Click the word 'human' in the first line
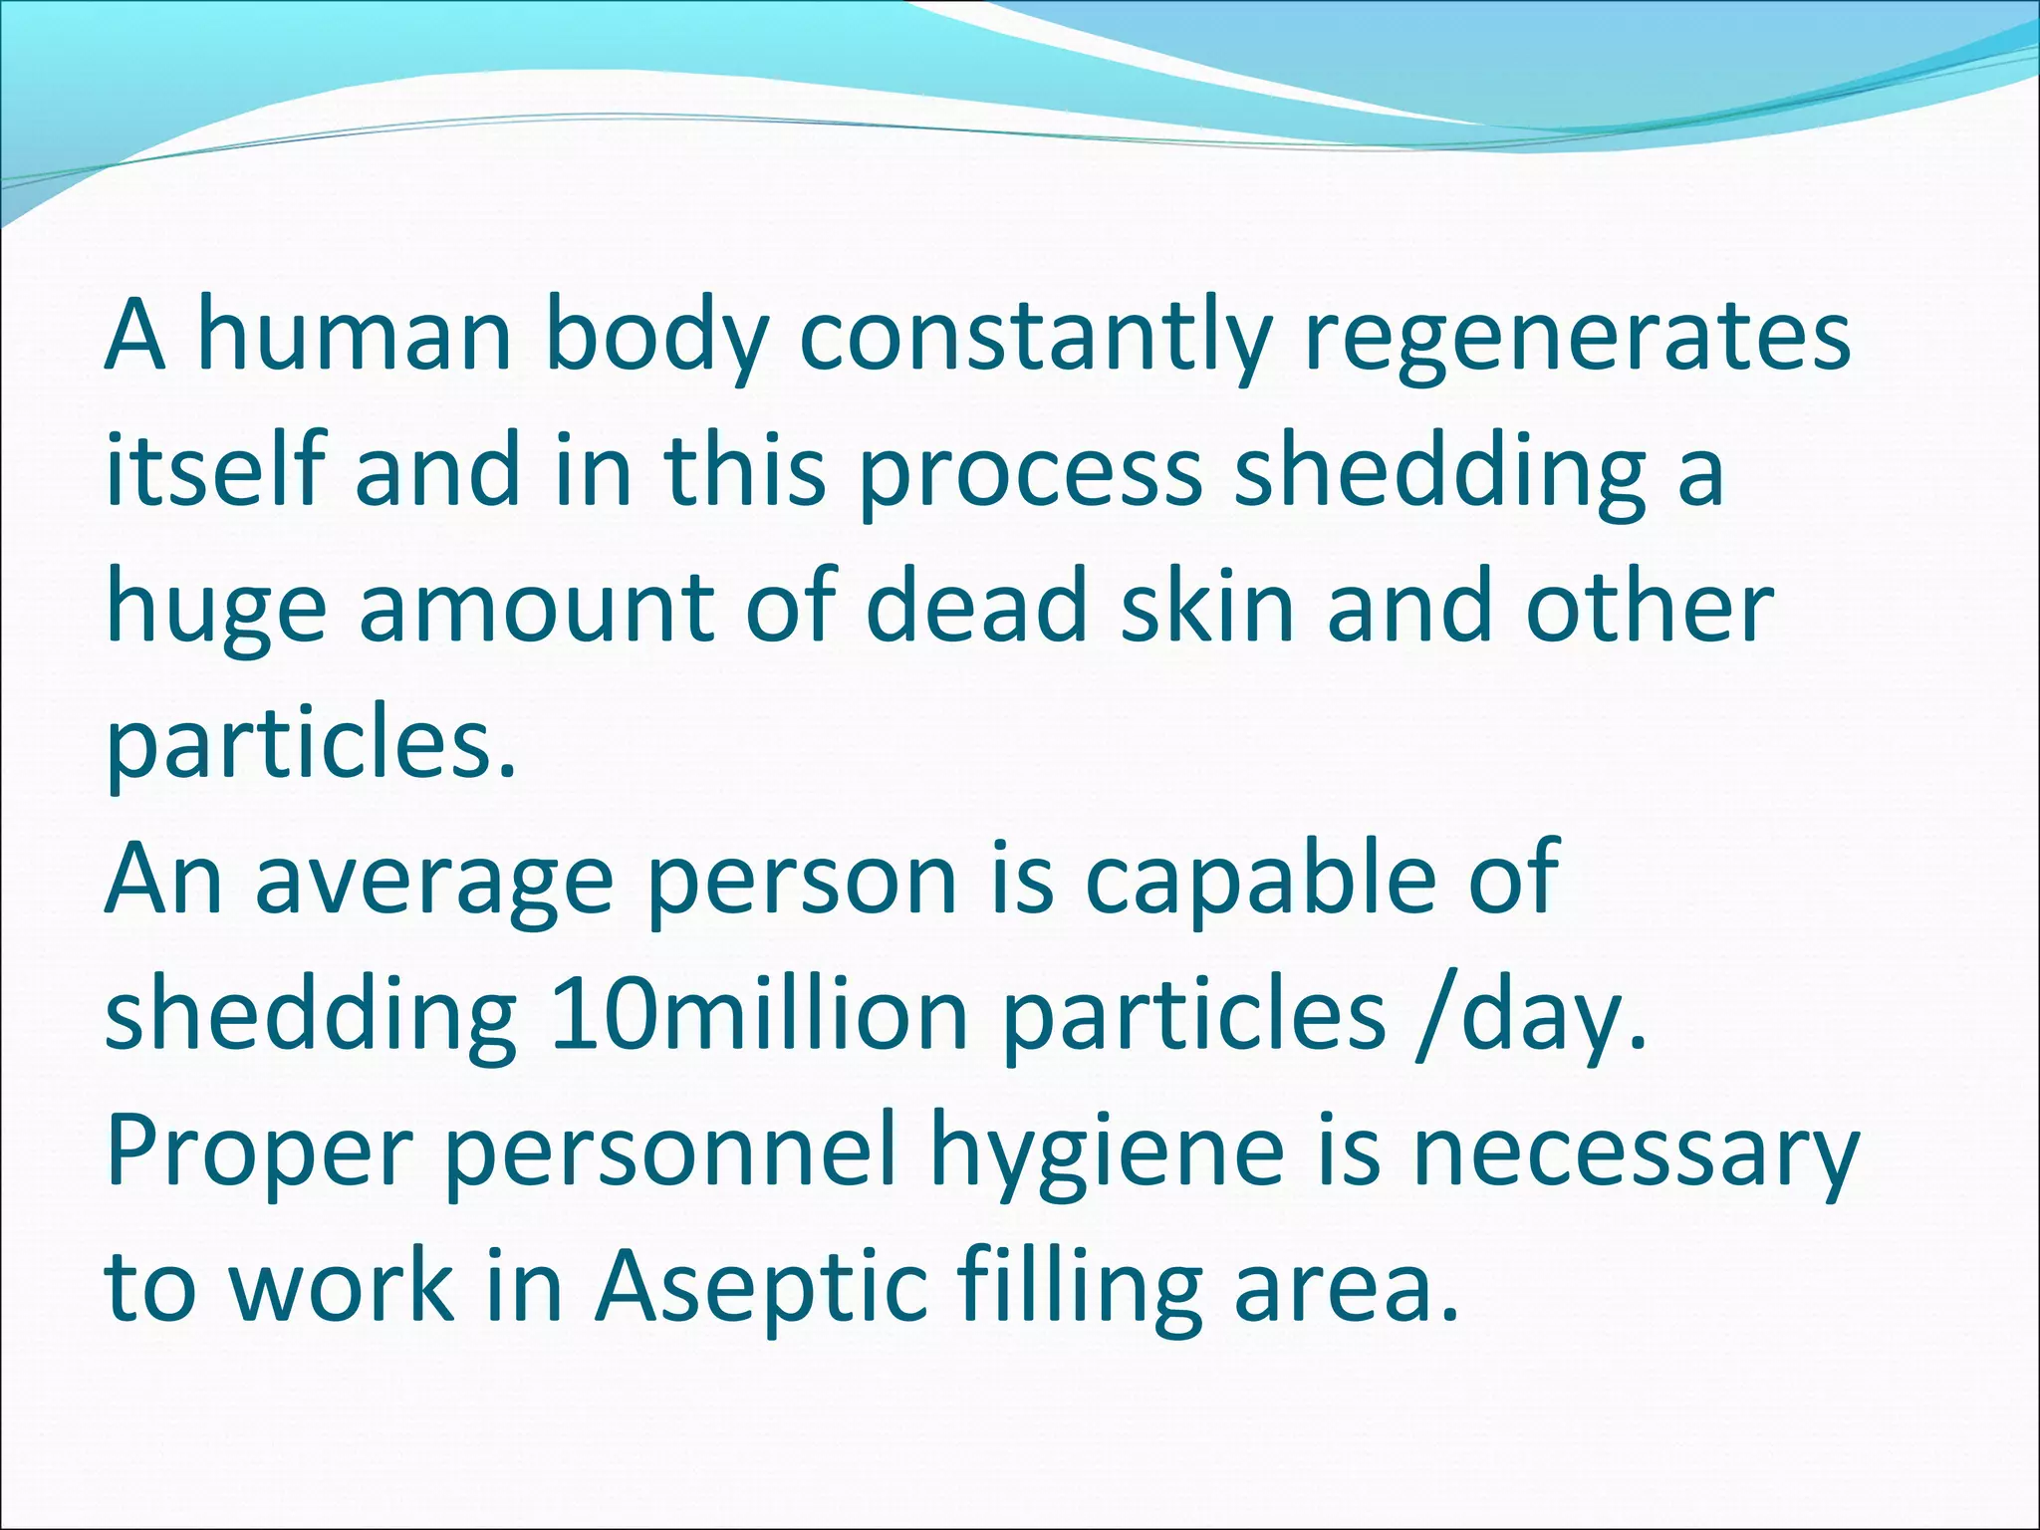[355, 335]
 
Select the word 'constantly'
[1036, 335]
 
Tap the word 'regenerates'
[1577, 335]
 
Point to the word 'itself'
[215, 470]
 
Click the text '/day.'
[1530, 1016]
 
